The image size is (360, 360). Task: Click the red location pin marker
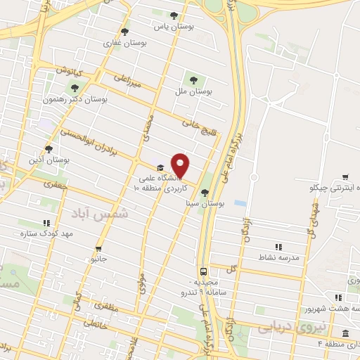(x=181, y=165)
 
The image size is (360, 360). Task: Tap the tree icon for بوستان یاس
(x=174, y=15)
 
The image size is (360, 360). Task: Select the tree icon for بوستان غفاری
(x=124, y=32)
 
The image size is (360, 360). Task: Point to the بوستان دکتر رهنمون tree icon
(x=75, y=88)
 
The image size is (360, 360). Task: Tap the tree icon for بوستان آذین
(x=48, y=149)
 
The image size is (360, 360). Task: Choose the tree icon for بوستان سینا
(x=205, y=193)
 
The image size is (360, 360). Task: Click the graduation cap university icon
(x=161, y=167)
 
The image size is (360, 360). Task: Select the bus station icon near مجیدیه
(x=202, y=271)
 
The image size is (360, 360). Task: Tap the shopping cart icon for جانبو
(x=98, y=248)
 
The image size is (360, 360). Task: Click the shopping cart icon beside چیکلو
(x=345, y=177)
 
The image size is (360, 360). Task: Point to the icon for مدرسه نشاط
(x=278, y=247)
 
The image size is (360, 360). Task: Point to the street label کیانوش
(x=70, y=72)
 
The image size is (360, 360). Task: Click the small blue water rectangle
(x=240, y=203)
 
